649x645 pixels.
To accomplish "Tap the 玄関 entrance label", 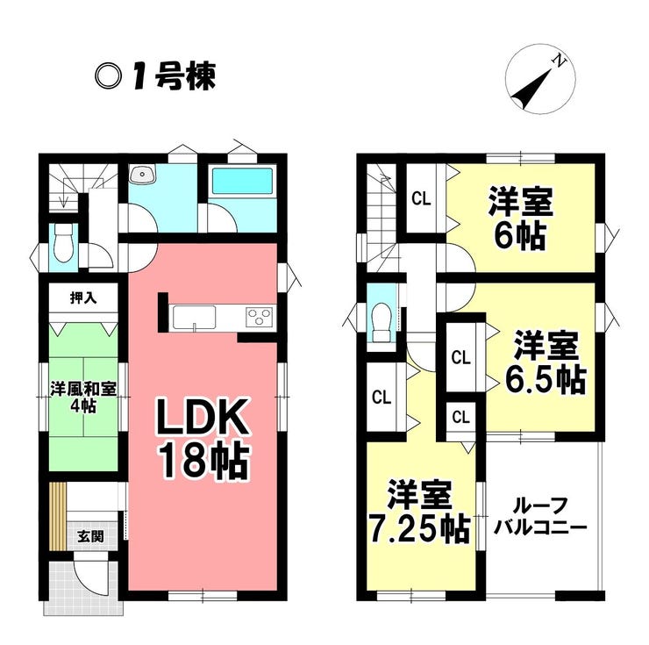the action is (90, 536).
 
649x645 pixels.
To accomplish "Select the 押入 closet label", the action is (83, 297).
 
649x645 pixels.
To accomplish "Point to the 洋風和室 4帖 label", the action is (83, 398).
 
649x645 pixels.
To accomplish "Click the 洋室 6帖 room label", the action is (520, 218).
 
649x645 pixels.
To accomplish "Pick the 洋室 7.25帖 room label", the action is (420, 512).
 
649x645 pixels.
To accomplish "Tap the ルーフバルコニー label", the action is (541, 517).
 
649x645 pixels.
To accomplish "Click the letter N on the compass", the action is (560, 61).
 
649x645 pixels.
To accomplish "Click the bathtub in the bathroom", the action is (242, 181).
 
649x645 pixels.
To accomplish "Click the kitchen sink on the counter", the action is (194, 318).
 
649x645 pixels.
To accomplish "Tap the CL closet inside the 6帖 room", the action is (421, 199).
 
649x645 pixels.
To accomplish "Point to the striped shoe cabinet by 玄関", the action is (57, 516).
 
